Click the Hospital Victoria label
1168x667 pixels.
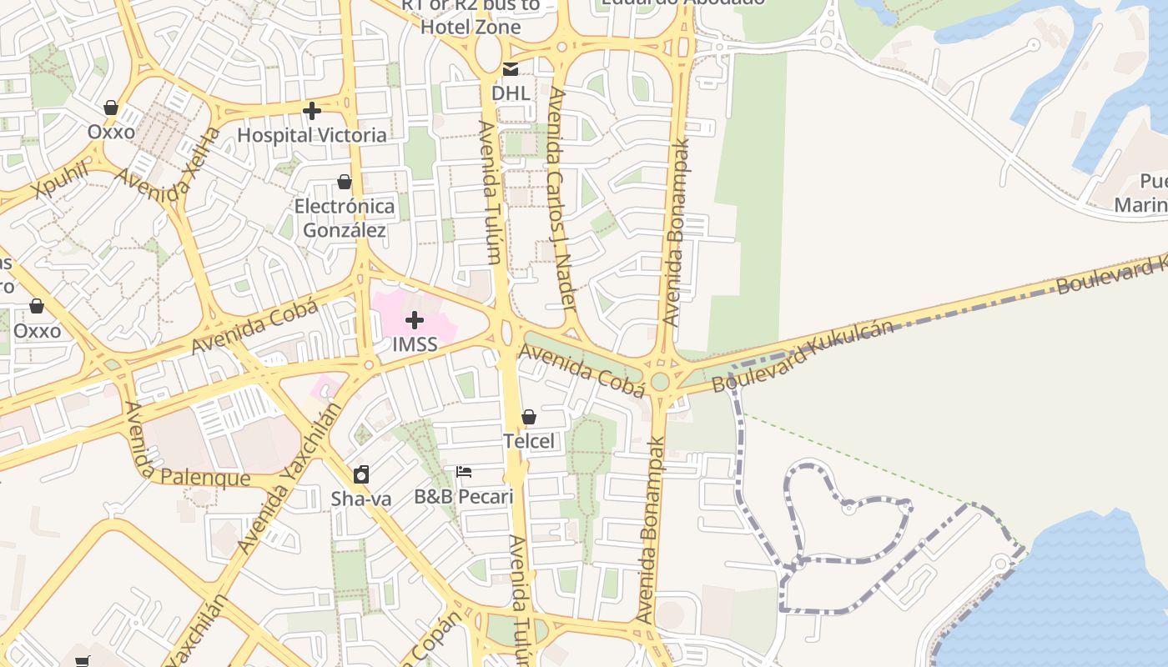312,135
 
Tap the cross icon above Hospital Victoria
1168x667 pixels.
312,111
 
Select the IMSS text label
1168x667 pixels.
415,344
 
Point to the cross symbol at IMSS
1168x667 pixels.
415,320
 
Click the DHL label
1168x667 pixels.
511,93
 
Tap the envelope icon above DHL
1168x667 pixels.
510,68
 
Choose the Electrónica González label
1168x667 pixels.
345,218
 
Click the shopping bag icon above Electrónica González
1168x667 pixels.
345,182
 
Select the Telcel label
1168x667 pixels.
529,441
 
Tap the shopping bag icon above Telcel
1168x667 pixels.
529,417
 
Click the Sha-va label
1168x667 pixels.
361,499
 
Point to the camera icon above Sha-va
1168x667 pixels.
361,474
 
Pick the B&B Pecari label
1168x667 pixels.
464,497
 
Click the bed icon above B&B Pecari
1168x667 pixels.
465,472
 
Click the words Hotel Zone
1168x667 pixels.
471,27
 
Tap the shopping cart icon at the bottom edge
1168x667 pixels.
82,662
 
